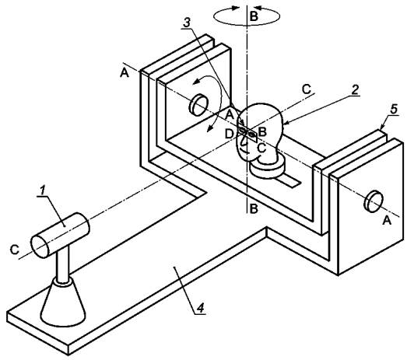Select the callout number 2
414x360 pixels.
[355, 90]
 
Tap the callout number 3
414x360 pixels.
[187, 23]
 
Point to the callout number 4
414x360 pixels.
[202, 308]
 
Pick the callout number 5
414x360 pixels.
[394, 109]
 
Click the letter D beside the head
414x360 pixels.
[229, 135]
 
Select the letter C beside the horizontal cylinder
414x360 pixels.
[15, 250]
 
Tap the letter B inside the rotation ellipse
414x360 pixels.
[254, 16]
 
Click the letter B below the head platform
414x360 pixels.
[254, 209]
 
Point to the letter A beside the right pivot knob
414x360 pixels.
[387, 220]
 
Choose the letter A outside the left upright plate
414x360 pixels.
[125, 72]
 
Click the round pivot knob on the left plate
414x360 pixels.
[198, 105]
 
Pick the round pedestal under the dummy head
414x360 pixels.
[268, 168]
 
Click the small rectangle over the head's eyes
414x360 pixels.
[247, 135]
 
